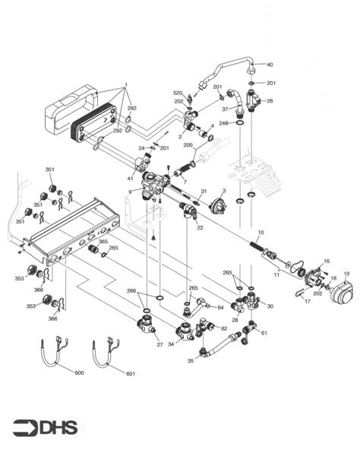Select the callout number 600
[x=80, y=373]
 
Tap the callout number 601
[x=130, y=373]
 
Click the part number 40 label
[x=269, y=65]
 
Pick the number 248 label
[x=223, y=122]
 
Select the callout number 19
[x=345, y=272]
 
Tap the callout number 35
[x=190, y=362]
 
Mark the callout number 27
[x=160, y=344]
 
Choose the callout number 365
[x=103, y=241]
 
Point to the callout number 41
[x=130, y=178]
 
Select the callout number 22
[x=200, y=227]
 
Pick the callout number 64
[x=220, y=307]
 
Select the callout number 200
[x=188, y=144]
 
